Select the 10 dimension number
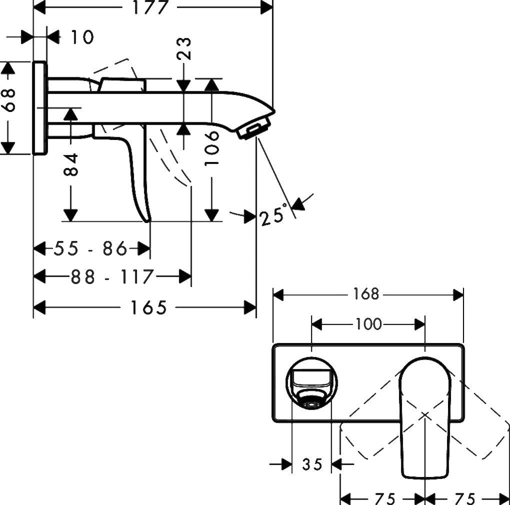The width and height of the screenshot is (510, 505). click(80, 37)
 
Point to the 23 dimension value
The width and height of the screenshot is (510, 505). click(185, 48)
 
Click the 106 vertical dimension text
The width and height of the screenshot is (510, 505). click(212, 148)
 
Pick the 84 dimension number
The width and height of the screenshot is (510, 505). click(71, 164)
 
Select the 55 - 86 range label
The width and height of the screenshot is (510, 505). click(91, 248)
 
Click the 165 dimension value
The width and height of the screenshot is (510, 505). click(148, 307)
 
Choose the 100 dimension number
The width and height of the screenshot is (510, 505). click(368, 324)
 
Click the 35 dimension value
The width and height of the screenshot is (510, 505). click(312, 464)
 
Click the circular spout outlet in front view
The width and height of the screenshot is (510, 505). click(311, 383)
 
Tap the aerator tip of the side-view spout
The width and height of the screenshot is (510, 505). click(255, 128)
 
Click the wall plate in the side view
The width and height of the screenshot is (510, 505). click(40, 107)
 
